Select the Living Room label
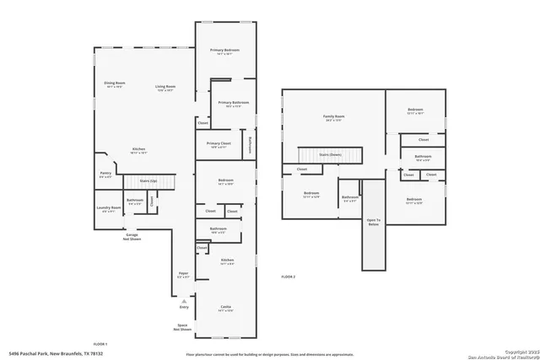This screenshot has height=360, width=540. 165,87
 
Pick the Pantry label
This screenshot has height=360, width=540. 105,175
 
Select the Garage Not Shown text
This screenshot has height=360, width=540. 131,237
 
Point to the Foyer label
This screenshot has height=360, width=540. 183,275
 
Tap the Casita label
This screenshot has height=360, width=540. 224,308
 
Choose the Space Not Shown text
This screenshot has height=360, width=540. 181,327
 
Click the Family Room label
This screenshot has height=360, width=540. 334,117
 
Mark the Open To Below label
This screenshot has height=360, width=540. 373,223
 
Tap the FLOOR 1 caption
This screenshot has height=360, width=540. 100,343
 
